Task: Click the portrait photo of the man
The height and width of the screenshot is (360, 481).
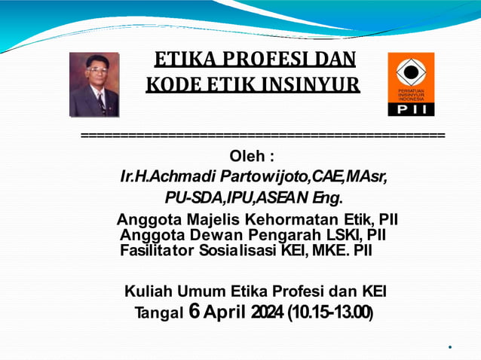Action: (94, 84)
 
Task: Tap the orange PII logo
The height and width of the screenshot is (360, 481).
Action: (411, 84)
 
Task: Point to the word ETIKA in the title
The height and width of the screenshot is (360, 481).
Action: (180, 59)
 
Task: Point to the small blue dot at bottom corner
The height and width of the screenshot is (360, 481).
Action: (450, 347)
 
